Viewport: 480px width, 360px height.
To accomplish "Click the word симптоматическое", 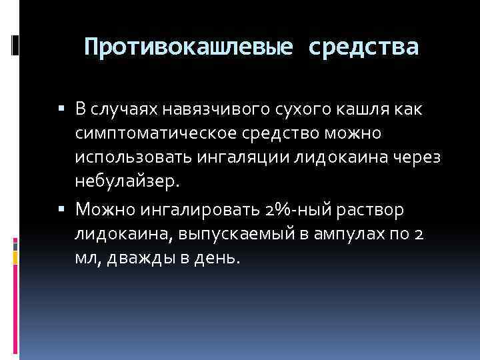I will coord(157,133).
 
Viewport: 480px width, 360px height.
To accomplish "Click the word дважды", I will coord(140,258).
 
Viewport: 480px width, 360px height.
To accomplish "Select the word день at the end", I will coord(212,258).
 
